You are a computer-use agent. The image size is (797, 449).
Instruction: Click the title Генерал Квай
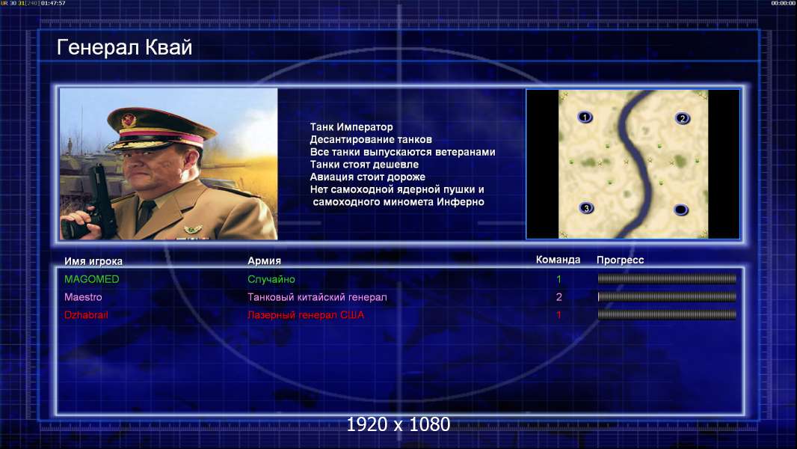coord(125,47)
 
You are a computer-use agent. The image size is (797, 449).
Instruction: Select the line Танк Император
coord(351,127)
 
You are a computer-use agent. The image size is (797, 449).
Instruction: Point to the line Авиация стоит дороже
coord(368,177)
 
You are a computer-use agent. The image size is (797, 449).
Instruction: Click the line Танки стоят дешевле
coord(364,165)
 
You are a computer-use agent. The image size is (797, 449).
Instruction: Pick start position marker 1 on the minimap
coord(585,117)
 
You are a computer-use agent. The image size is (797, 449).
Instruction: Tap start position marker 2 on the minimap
coord(682,118)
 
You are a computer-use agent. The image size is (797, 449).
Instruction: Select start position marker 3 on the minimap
coord(586,208)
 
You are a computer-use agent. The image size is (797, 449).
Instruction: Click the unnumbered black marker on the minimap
coord(680,210)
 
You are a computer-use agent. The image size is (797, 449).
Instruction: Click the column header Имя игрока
coord(93,261)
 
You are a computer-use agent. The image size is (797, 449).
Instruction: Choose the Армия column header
coord(265,260)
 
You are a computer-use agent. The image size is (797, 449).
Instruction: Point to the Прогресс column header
coord(620,260)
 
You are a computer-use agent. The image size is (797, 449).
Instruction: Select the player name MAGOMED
coord(91,279)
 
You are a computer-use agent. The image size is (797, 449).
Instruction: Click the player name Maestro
coord(83,297)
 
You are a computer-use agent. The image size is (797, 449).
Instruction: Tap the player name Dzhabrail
coord(86,315)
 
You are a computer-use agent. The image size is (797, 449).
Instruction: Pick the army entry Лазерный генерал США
coord(306,315)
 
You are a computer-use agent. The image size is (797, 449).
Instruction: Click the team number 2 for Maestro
coord(558,297)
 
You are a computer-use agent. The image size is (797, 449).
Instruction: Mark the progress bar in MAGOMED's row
coord(667,278)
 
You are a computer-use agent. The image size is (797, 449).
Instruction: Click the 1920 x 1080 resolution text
coord(398,424)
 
